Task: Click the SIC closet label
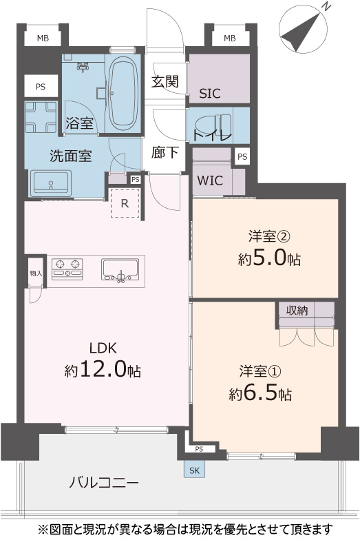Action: pos(210,94)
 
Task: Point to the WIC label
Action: pos(210,180)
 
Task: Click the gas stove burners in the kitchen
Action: pos(67,269)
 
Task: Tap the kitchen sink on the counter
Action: pos(120,270)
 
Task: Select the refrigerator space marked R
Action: pos(125,203)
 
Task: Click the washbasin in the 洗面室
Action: pos(51,183)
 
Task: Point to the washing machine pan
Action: pos(41,117)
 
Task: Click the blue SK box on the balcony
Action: pos(194,470)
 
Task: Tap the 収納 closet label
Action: pos(297,311)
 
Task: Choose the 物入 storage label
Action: pos(36,273)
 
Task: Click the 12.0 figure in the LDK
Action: pos(103,369)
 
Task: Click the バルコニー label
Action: pos(104,483)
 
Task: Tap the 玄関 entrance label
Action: pos(165,81)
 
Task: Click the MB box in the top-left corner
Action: pos(43,39)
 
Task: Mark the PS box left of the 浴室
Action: pos(41,87)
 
